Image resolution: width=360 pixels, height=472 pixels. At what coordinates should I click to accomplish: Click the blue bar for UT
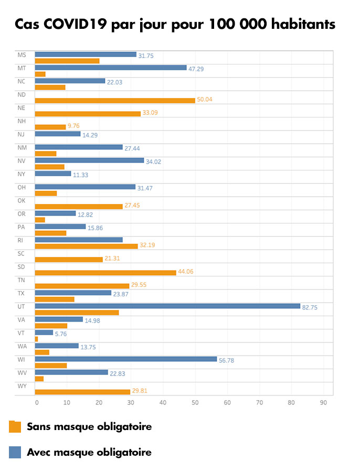pyautogui.click(x=167, y=306)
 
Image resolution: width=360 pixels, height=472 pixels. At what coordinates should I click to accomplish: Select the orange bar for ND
pyautogui.click(x=115, y=100)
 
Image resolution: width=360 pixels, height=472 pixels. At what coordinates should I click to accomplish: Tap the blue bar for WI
pyautogui.click(x=126, y=359)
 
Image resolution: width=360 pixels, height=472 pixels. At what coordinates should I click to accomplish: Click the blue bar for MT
pyautogui.click(x=111, y=67)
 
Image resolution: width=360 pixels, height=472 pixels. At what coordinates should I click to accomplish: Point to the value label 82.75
pyautogui.click(x=310, y=307)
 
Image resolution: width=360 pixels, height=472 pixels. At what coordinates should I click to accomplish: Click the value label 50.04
pyautogui.click(x=205, y=100)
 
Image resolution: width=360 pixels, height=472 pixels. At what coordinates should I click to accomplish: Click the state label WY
pyautogui.click(x=22, y=386)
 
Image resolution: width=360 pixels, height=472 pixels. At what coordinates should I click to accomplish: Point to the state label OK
pyautogui.click(x=22, y=200)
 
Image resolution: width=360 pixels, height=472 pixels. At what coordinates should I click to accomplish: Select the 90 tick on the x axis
pyautogui.click(x=324, y=403)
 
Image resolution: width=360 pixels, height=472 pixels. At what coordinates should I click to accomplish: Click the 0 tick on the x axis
pyautogui.click(x=37, y=403)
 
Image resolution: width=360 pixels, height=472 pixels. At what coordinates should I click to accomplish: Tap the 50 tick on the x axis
pyautogui.click(x=195, y=403)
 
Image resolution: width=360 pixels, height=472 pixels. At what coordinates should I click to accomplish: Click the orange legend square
pyautogui.click(x=15, y=427)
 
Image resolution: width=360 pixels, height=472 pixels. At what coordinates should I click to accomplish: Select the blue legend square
pyautogui.click(x=15, y=452)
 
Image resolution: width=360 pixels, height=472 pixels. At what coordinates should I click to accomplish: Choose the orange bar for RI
pyautogui.click(x=86, y=246)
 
